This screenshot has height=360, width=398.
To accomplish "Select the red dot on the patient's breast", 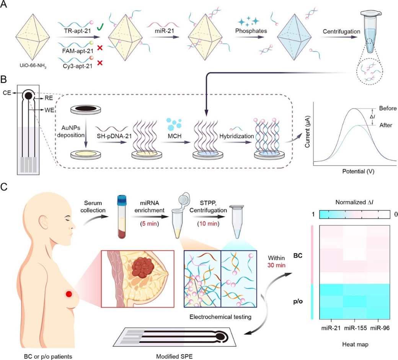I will [69, 294].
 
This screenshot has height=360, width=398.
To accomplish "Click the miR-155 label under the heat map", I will [355, 328].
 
